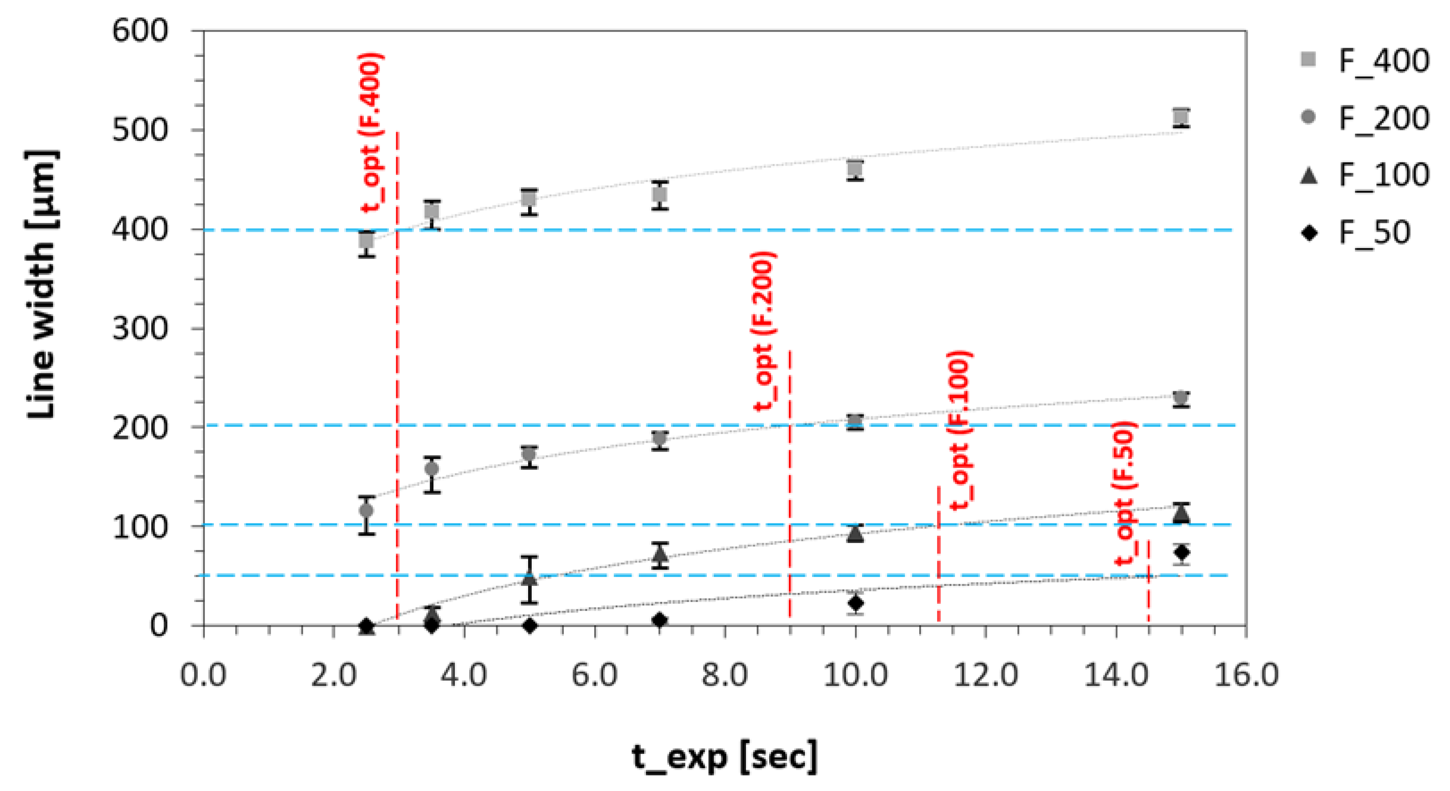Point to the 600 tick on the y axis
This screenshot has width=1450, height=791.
140,30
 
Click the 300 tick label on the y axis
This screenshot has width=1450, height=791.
140,328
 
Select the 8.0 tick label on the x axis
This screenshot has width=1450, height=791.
725,674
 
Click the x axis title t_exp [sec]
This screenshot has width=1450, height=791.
725,757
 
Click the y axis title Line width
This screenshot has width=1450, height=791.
42,285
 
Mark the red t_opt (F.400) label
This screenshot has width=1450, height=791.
372,132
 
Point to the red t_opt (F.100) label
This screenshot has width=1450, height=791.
960,430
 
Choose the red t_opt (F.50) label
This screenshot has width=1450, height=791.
1125,493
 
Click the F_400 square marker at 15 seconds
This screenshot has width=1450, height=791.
1181,117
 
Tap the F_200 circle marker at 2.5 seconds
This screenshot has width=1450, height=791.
367,511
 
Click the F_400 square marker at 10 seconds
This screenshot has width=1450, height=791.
855,168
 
